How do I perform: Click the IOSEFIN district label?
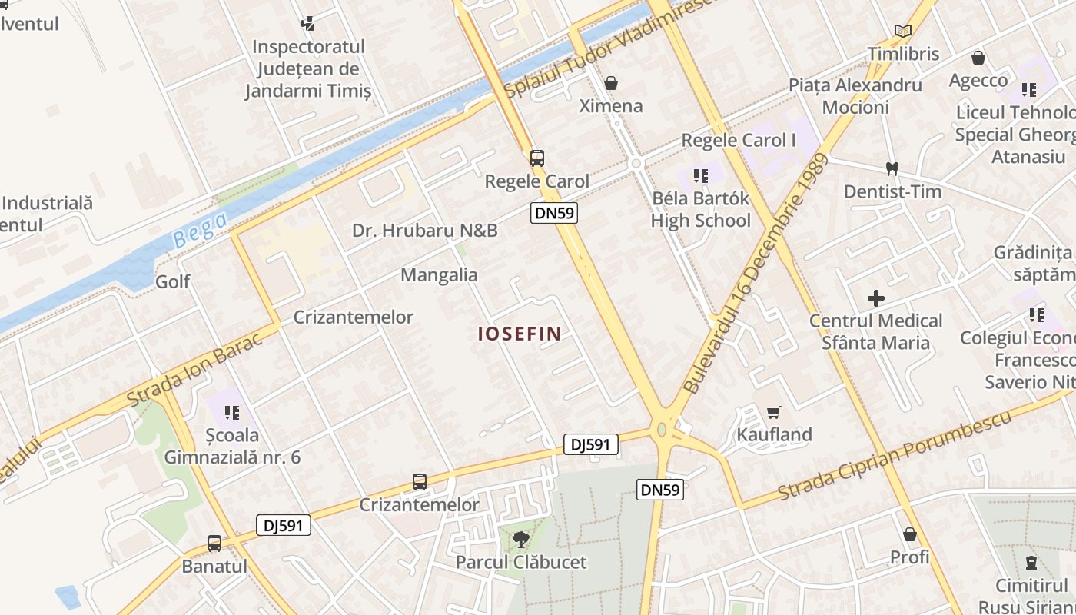pyautogui.click(x=519, y=334)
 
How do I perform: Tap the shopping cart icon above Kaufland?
pyautogui.click(x=774, y=412)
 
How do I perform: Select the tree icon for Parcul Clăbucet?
pyautogui.click(x=520, y=539)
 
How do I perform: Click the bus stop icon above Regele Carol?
pyautogui.click(x=536, y=158)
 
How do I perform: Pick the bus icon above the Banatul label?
pyautogui.click(x=214, y=544)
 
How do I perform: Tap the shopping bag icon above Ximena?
pyautogui.click(x=611, y=82)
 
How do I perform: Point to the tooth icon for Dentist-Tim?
pyautogui.click(x=892, y=168)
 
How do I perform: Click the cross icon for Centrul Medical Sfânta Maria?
pyautogui.click(x=875, y=298)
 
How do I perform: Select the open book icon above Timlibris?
pyautogui.click(x=903, y=31)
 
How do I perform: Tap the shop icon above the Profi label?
pyautogui.click(x=910, y=534)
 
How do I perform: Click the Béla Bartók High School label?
pyautogui.click(x=700, y=210)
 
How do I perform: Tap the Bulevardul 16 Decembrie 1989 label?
pyautogui.click(x=755, y=274)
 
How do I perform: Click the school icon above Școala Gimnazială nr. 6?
pyautogui.click(x=231, y=413)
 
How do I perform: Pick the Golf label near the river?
pyautogui.click(x=173, y=281)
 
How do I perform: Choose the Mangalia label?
pyautogui.click(x=439, y=275)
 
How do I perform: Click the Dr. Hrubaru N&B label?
pyautogui.click(x=424, y=231)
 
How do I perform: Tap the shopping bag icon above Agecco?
pyautogui.click(x=978, y=58)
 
